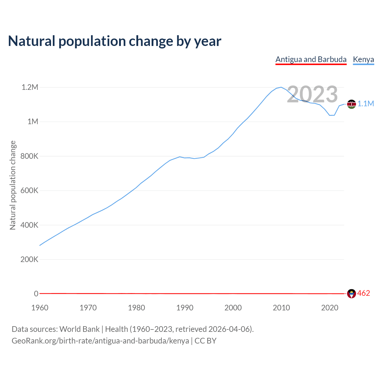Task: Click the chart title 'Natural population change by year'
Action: click(115, 41)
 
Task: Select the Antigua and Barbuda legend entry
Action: click(311, 59)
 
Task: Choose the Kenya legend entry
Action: click(363, 59)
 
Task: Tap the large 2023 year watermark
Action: click(312, 94)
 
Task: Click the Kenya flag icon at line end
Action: click(352, 104)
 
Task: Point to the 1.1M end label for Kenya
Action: click(366, 104)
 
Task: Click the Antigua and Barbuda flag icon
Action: click(352, 294)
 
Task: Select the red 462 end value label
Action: click(363, 293)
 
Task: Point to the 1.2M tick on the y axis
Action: click(30, 87)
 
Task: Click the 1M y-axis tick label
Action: click(33, 121)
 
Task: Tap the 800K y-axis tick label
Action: click(29, 156)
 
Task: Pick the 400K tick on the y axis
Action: click(29, 225)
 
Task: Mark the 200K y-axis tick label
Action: click(29, 259)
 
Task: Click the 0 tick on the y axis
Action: click(36, 294)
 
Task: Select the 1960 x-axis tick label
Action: click(40, 308)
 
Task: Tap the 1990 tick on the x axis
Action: click(185, 308)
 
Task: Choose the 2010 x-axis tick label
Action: click(281, 308)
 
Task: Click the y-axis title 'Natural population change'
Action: click(13, 185)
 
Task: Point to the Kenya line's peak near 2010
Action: click(281, 87)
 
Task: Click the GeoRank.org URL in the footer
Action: click(100, 341)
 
